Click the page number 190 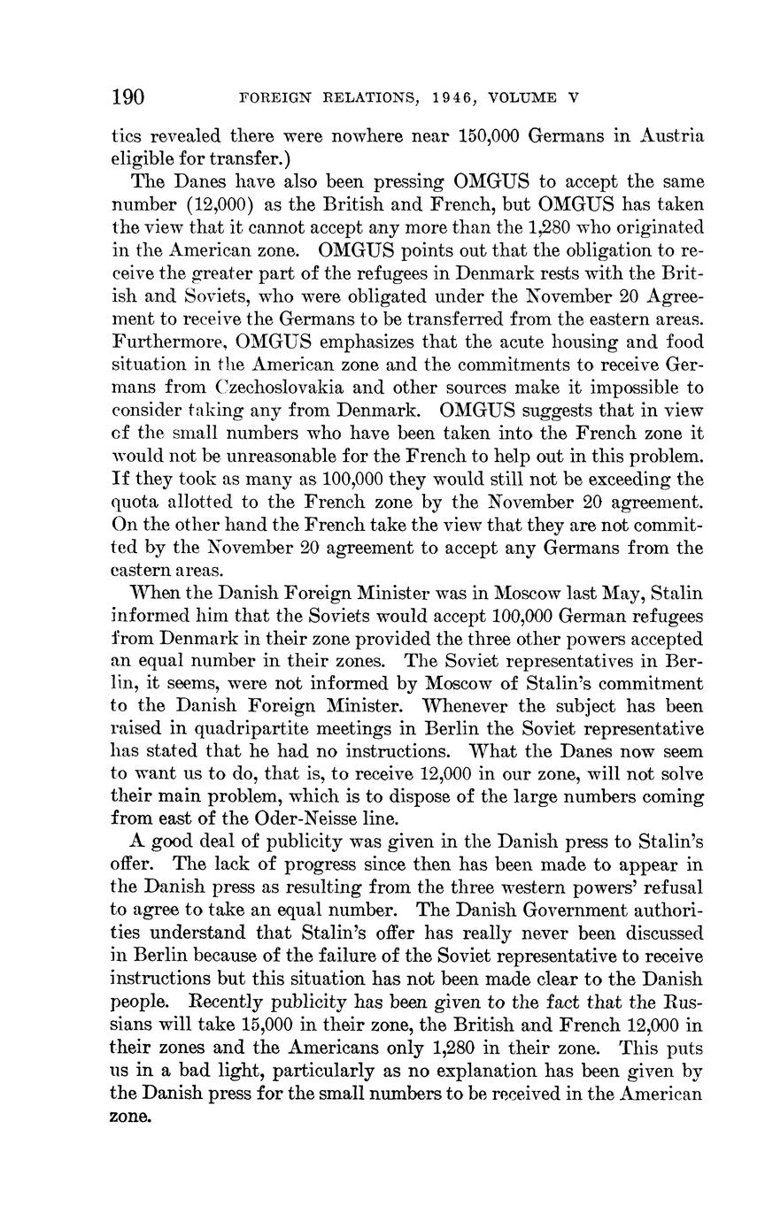tap(128, 96)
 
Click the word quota tap(135, 502)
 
